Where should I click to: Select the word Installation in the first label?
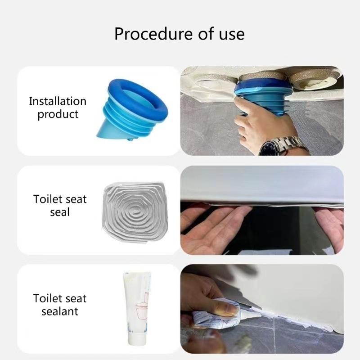click(58, 101)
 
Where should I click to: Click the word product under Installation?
click(58, 114)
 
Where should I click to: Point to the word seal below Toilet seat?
click(60, 212)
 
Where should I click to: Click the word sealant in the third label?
click(60, 311)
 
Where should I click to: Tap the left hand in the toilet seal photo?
click(211, 225)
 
